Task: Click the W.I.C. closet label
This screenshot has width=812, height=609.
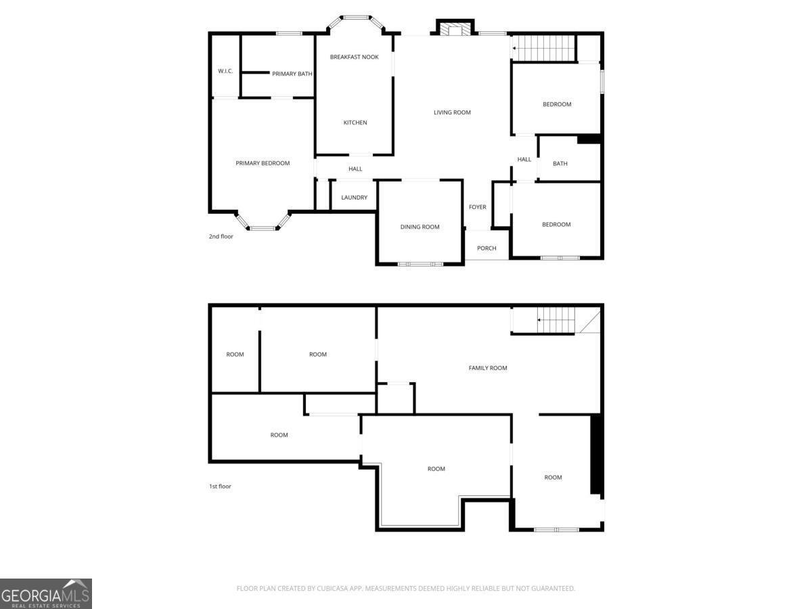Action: click(x=225, y=71)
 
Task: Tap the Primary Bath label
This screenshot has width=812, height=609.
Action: click(x=292, y=74)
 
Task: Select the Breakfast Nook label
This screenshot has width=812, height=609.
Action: click(x=354, y=57)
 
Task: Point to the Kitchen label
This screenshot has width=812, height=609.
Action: click(x=355, y=122)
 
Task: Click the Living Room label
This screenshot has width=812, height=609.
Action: click(x=452, y=112)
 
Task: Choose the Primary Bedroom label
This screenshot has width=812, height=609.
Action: click(x=263, y=163)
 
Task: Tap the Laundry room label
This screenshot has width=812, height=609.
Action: click(x=354, y=198)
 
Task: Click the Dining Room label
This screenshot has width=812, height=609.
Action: click(x=420, y=227)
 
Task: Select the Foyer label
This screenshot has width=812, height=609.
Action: click(x=478, y=207)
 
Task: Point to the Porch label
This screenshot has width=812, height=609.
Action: click(x=487, y=248)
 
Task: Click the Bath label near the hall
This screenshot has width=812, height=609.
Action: click(x=560, y=164)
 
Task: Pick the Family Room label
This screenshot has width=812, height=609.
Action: click(x=488, y=368)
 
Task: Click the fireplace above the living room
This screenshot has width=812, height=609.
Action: click(x=455, y=27)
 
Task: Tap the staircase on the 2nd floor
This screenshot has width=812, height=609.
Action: click(x=544, y=47)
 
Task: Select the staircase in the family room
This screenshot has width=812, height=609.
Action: click(x=543, y=320)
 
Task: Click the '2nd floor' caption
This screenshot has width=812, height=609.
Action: click(x=221, y=236)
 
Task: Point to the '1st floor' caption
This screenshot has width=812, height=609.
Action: click(x=220, y=487)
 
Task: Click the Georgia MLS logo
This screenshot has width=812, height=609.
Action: click(x=46, y=594)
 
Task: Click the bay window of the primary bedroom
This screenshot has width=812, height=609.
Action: click(x=263, y=221)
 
